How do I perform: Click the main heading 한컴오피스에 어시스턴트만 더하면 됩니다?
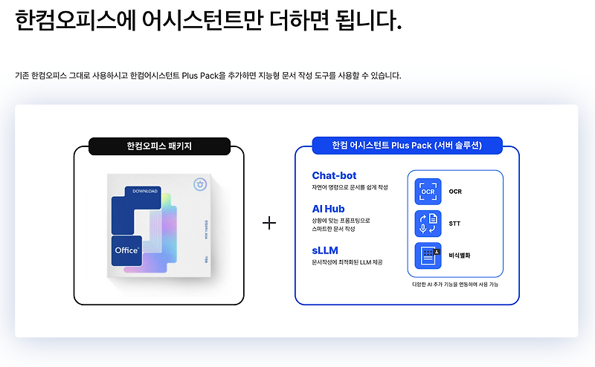208,20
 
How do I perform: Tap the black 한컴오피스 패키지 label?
159,146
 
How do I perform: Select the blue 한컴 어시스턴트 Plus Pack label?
407,146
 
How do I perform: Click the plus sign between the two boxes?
269,223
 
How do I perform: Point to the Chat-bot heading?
334,175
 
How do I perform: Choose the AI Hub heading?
328,209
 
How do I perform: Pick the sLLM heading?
325,250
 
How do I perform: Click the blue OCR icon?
428,192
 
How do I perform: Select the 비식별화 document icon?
428,256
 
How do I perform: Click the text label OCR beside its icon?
455,192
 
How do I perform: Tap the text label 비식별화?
460,256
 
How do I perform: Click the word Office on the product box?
126,251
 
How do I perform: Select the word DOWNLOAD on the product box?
146,191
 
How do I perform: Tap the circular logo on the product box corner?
199,184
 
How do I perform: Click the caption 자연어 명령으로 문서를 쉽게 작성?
350,187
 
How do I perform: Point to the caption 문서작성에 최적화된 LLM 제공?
347,262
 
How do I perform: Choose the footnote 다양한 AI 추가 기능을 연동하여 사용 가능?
456,284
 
